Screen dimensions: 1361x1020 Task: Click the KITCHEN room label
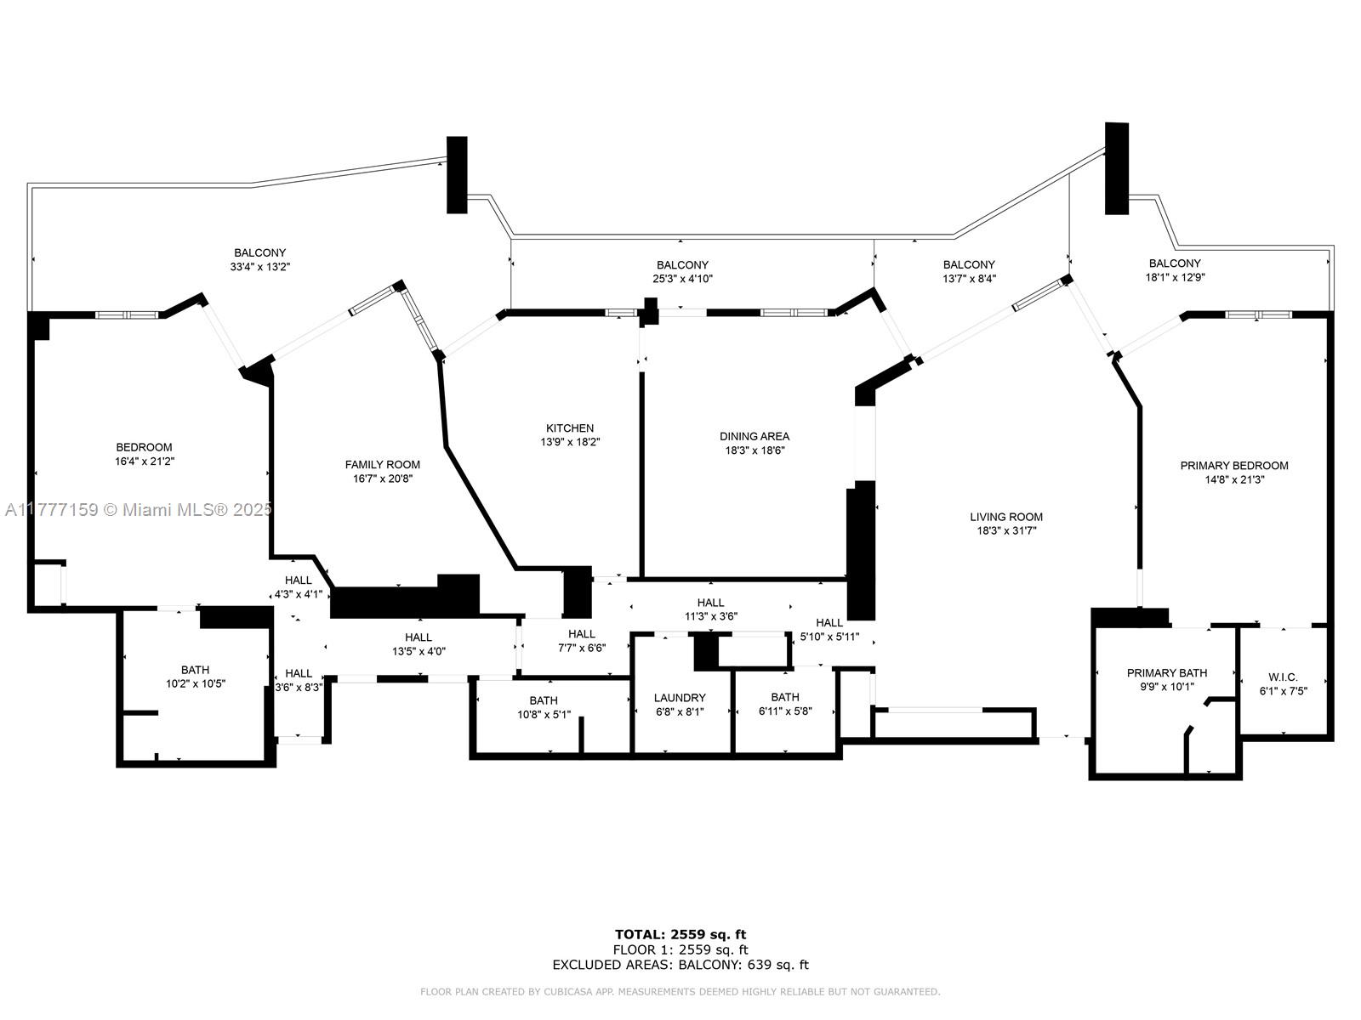click(570, 428)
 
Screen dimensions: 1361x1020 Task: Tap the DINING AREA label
click(755, 437)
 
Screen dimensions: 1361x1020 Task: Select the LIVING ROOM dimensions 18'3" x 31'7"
click(1006, 530)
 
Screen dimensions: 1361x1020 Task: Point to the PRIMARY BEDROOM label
click(1234, 466)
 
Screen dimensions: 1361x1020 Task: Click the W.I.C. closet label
click(1284, 677)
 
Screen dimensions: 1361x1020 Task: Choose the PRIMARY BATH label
click(1167, 673)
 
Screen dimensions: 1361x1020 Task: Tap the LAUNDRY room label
click(680, 698)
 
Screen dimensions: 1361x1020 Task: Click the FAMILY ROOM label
click(383, 465)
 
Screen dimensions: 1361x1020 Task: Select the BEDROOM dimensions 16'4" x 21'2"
click(145, 462)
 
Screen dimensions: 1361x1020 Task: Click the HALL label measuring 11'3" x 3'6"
click(710, 609)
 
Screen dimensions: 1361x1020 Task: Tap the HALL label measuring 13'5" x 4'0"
click(419, 644)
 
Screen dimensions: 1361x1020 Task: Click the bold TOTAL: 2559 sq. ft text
click(680, 934)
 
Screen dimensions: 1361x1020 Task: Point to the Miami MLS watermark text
click(139, 510)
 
